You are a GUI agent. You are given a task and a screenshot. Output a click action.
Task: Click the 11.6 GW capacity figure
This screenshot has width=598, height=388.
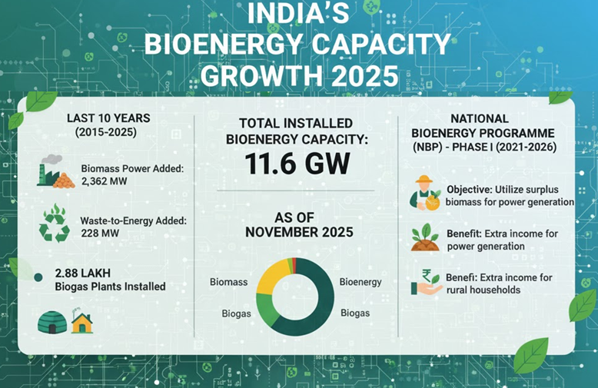click(x=296, y=164)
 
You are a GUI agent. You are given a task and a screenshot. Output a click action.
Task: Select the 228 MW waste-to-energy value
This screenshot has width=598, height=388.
click(x=97, y=234)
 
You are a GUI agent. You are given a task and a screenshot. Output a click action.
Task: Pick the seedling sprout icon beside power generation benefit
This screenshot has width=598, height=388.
click(x=425, y=237)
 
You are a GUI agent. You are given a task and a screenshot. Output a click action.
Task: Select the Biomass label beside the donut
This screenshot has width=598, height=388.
click(x=228, y=282)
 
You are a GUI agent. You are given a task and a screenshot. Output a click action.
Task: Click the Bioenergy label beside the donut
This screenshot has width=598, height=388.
click(x=360, y=282)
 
